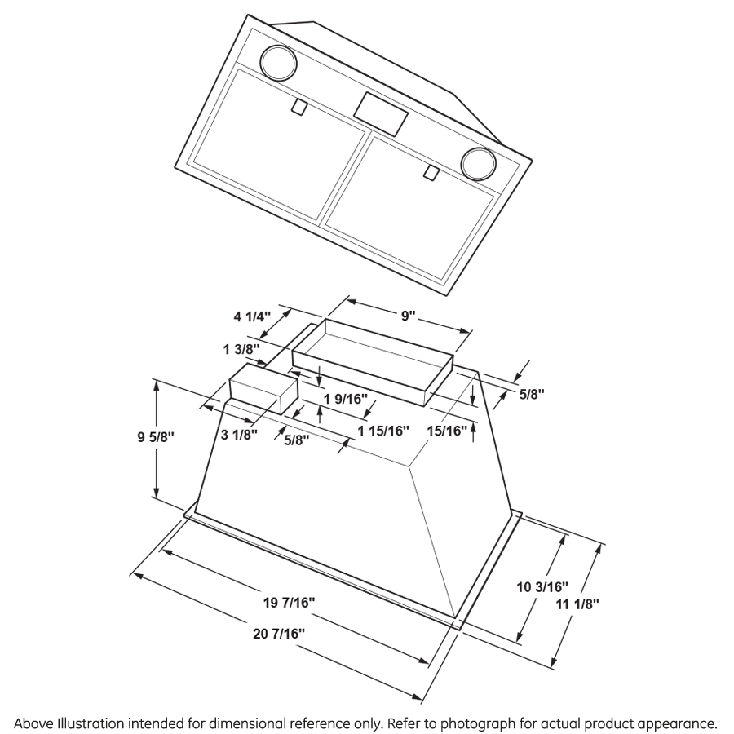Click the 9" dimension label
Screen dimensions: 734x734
point(409,316)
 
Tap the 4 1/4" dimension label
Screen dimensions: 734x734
point(250,316)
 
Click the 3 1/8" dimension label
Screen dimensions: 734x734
point(239,435)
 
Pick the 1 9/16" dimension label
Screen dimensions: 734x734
point(346,399)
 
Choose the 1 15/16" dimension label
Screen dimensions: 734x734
point(382,431)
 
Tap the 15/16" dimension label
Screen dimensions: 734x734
point(448,430)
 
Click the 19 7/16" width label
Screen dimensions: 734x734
point(289,604)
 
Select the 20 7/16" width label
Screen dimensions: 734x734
point(279,632)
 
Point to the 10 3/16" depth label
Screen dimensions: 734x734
point(543,586)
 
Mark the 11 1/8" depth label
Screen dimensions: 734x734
point(577,604)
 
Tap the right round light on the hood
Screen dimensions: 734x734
point(478,162)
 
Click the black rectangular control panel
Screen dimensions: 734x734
point(381,113)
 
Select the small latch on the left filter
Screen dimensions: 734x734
point(298,106)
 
